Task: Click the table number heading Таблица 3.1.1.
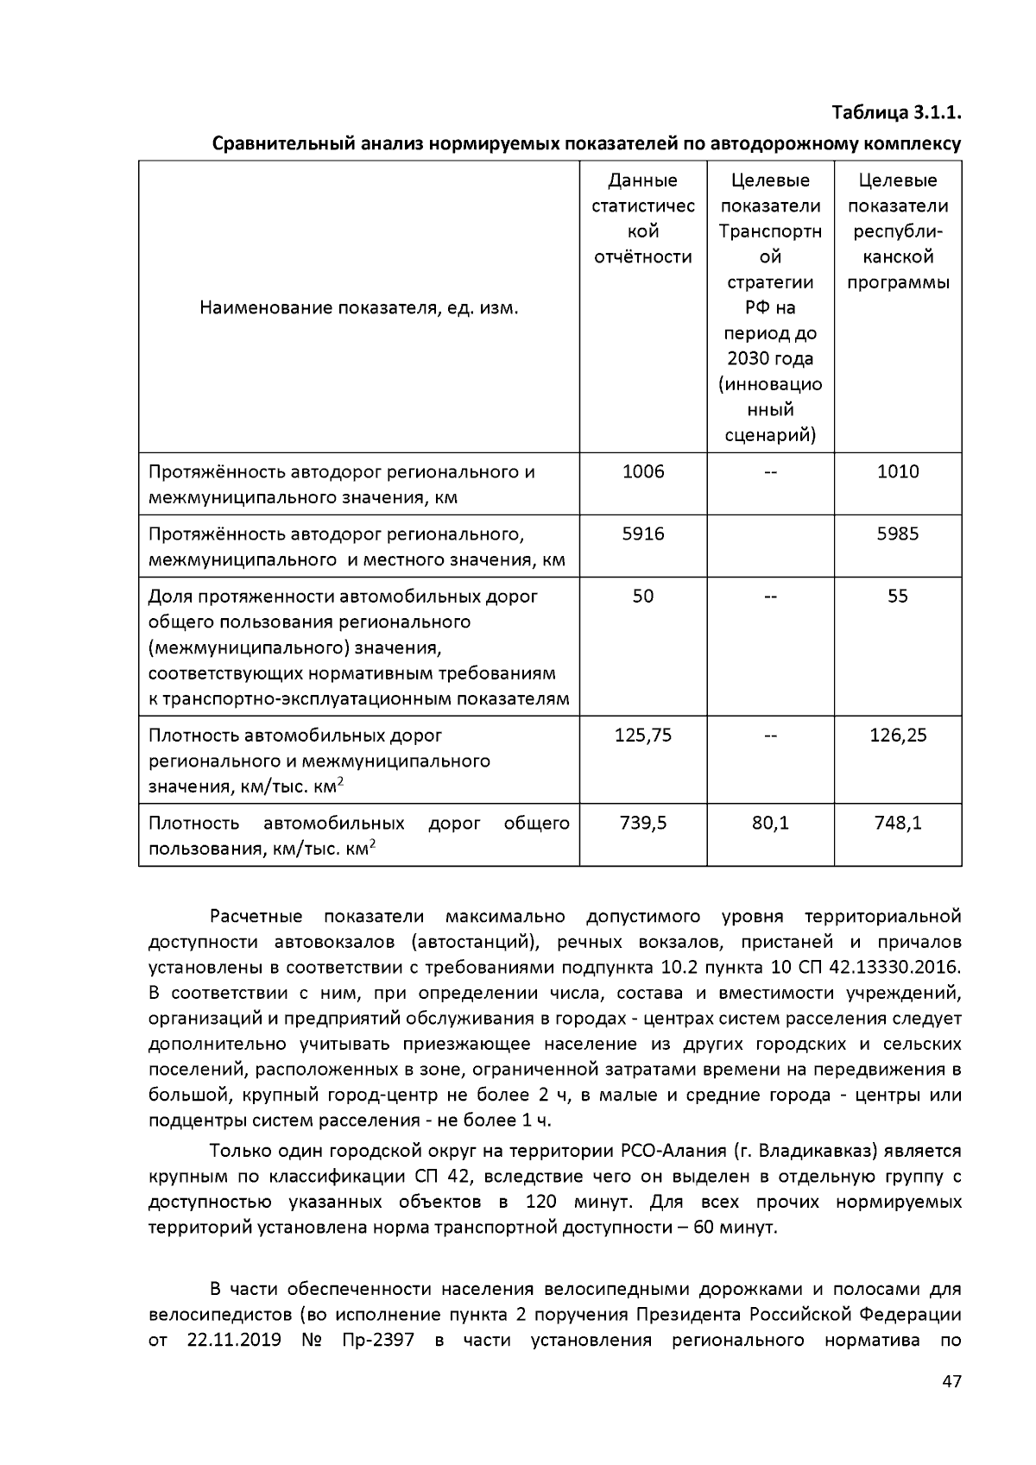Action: pos(896,113)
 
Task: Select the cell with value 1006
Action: pos(643,471)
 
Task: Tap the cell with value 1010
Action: pos(898,471)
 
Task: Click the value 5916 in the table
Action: pos(643,534)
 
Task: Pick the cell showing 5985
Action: pos(898,534)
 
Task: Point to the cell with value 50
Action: pos(643,596)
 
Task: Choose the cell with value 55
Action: pos(898,596)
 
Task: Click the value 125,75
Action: pos(643,736)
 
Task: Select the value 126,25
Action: pos(898,736)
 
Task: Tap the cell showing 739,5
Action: pos(643,823)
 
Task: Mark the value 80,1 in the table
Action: pos(770,823)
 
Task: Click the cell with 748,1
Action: pos(898,823)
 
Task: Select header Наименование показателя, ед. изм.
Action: pos(359,308)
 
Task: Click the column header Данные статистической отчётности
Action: pos(643,218)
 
